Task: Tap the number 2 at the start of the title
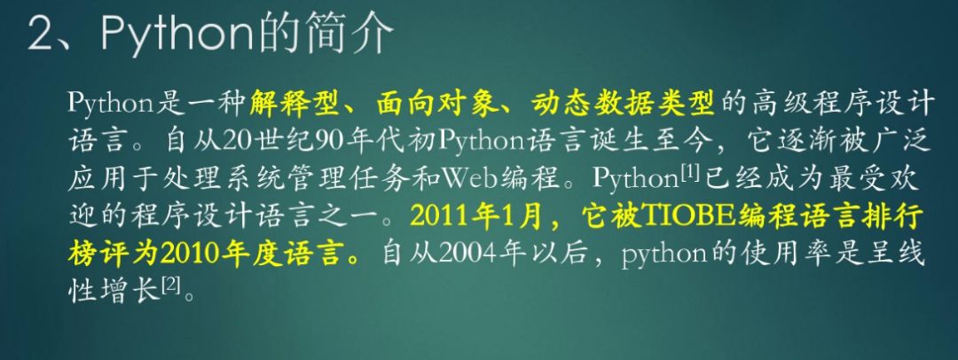pos(42,33)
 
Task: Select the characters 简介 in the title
pos(353,33)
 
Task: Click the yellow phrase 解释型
pos(294,104)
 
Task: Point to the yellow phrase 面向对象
pos(435,104)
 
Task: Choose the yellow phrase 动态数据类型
pos(623,104)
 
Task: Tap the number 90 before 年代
pos(331,142)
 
